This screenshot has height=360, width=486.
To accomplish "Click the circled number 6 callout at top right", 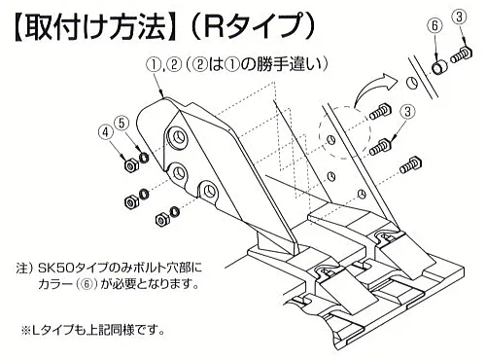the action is pos(435,25).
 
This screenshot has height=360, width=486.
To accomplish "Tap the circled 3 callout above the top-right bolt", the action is pos(460,18).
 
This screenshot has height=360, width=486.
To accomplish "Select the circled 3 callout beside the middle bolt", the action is pos(407,112).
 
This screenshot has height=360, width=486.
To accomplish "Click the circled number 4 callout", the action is pos(105,133).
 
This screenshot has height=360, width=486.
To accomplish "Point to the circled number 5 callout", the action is pos(121,123).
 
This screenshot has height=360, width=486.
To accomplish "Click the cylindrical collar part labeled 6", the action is pos(439,68).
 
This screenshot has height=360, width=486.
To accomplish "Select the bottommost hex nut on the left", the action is pos(161,220).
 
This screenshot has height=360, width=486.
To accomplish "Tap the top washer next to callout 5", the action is pos(144,158).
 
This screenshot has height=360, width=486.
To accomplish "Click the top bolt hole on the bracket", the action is pos(177,137).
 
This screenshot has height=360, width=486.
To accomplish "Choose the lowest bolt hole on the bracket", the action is pos(209,193).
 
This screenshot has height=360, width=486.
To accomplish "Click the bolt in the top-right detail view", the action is pos(461,55).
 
